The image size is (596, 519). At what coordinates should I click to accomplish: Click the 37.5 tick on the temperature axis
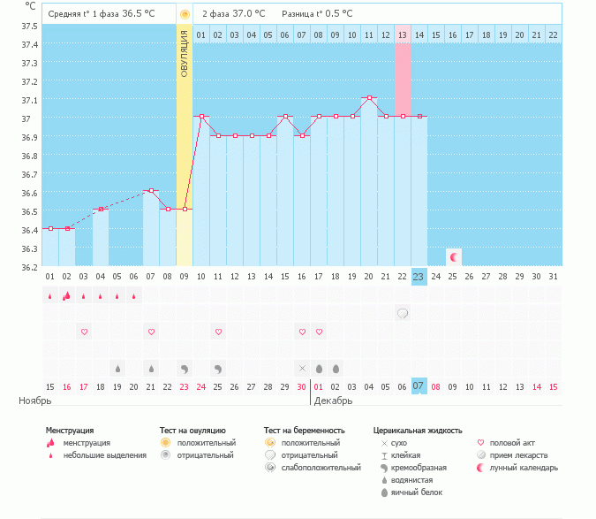click(x=30, y=26)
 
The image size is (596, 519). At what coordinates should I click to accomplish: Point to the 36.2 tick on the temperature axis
click(x=30, y=267)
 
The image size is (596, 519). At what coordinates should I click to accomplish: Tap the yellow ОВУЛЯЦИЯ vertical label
click(x=185, y=53)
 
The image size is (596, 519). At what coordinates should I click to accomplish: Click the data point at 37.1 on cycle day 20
click(x=369, y=97)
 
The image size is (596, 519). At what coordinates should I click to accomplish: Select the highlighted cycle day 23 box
click(x=419, y=277)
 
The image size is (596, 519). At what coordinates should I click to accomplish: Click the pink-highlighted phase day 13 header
click(x=403, y=34)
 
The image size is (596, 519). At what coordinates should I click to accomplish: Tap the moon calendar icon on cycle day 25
click(x=454, y=257)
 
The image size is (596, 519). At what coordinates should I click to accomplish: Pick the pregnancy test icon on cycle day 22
click(x=403, y=313)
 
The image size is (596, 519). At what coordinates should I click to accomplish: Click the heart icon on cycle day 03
click(x=85, y=332)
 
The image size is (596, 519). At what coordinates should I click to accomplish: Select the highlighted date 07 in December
click(x=419, y=386)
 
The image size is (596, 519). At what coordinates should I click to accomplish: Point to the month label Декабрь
click(x=333, y=401)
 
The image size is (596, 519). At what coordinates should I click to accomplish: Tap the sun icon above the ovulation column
click(x=185, y=15)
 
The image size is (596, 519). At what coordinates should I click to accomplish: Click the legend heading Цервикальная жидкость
click(x=417, y=431)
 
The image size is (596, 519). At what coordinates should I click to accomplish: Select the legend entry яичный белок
click(x=417, y=492)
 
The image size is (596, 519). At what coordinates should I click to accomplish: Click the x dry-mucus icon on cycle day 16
click(x=302, y=368)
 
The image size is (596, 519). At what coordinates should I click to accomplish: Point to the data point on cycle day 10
click(x=201, y=116)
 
